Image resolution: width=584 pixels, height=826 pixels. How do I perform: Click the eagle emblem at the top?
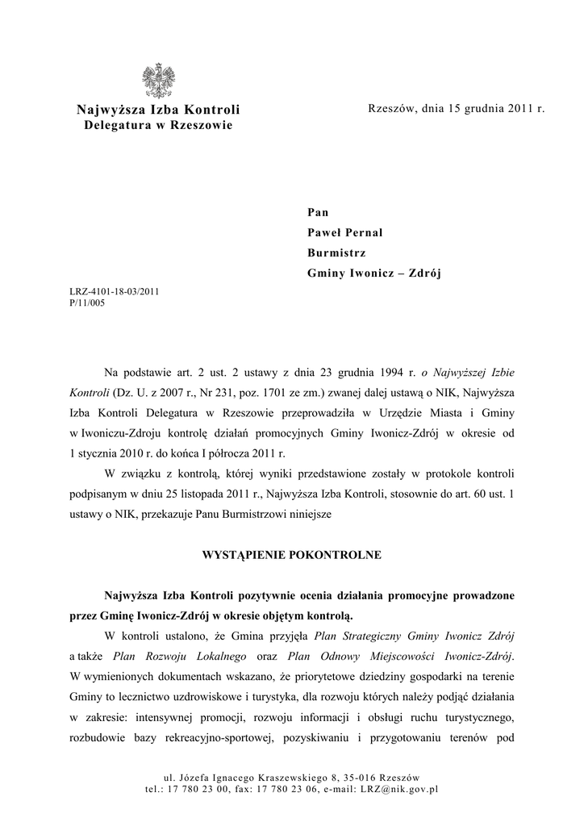[158, 81]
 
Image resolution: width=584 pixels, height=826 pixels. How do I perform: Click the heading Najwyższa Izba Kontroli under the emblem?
[158, 110]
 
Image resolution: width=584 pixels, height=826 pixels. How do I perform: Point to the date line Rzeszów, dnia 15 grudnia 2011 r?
[456, 108]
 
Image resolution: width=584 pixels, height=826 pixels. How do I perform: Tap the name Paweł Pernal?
[344, 232]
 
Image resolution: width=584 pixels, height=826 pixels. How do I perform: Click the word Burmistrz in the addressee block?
[336, 252]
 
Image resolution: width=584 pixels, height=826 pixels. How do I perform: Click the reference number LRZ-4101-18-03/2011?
[114, 292]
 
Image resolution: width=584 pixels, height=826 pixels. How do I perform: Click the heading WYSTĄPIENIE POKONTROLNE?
[290, 556]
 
